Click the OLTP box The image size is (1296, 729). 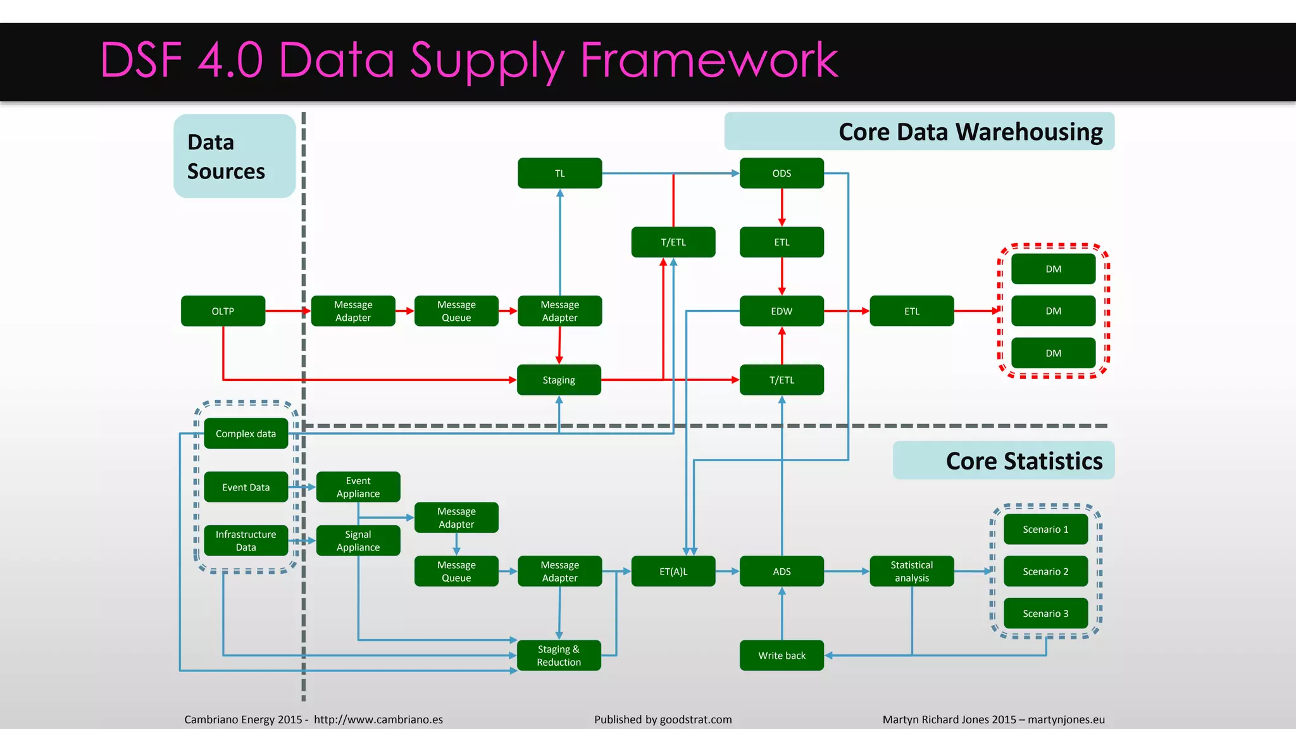click(223, 311)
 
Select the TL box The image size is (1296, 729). click(559, 173)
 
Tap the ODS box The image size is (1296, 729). click(782, 173)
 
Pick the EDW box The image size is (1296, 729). click(782, 311)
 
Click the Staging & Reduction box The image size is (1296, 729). click(559, 655)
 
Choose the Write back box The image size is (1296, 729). click(782, 655)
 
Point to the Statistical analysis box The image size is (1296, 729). click(911, 571)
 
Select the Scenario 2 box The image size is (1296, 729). click(1045, 571)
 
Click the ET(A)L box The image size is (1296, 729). click(673, 571)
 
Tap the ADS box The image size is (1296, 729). click(782, 571)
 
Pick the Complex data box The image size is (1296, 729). click(246, 433)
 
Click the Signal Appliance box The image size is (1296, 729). click(358, 540)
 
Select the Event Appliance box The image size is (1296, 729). click(358, 487)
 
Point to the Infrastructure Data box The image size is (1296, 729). click(246, 540)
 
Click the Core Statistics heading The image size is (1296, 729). click(1023, 461)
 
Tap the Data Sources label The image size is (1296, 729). click(226, 156)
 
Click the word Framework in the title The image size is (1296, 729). click(709, 60)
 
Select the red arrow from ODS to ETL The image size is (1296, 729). click(782, 208)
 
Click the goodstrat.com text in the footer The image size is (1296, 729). click(695, 720)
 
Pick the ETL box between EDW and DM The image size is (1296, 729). click(911, 311)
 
